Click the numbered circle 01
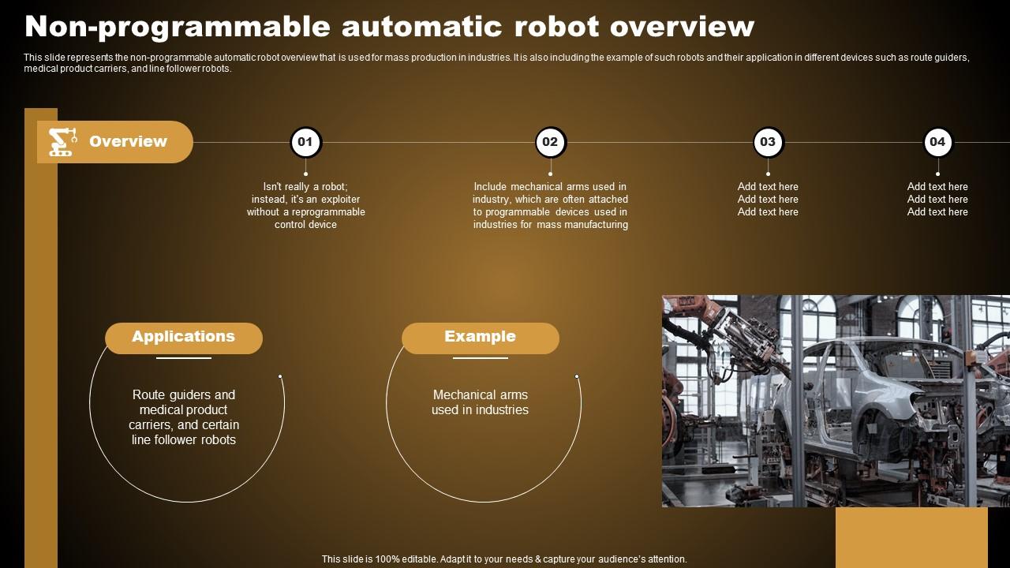point(305,143)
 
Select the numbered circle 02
point(550,143)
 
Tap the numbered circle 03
point(768,143)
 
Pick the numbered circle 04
point(937,143)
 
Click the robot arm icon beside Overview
point(62,142)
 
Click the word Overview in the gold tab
point(128,142)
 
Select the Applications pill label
point(184,338)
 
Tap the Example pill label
point(480,338)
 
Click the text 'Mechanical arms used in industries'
point(480,402)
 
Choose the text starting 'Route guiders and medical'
point(184,417)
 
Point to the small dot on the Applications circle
point(280,376)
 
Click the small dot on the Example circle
point(577,376)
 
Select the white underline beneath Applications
point(184,358)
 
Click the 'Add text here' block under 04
point(937,200)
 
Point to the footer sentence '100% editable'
point(504,559)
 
